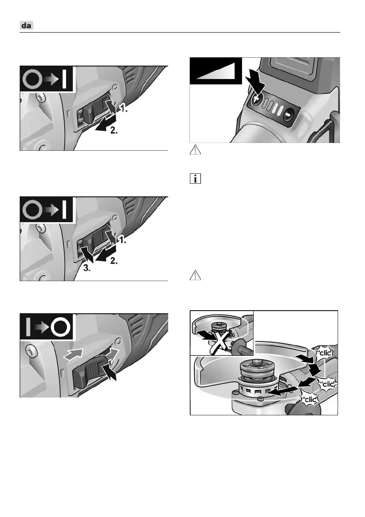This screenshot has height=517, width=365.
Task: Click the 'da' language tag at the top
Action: [26, 25]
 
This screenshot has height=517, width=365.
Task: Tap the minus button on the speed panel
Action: [288, 115]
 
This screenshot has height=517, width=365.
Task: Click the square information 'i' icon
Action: [195, 179]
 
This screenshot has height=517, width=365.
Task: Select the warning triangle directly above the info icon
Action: [195, 150]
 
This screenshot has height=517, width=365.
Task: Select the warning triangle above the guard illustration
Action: [195, 275]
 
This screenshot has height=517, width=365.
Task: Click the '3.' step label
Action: [87, 268]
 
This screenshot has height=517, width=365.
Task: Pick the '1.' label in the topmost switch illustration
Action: [124, 109]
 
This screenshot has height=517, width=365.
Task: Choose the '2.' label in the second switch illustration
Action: [114, 261]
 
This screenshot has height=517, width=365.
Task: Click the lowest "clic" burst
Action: [310, 400]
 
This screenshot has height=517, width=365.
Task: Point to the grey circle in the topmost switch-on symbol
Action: [32, 79]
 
